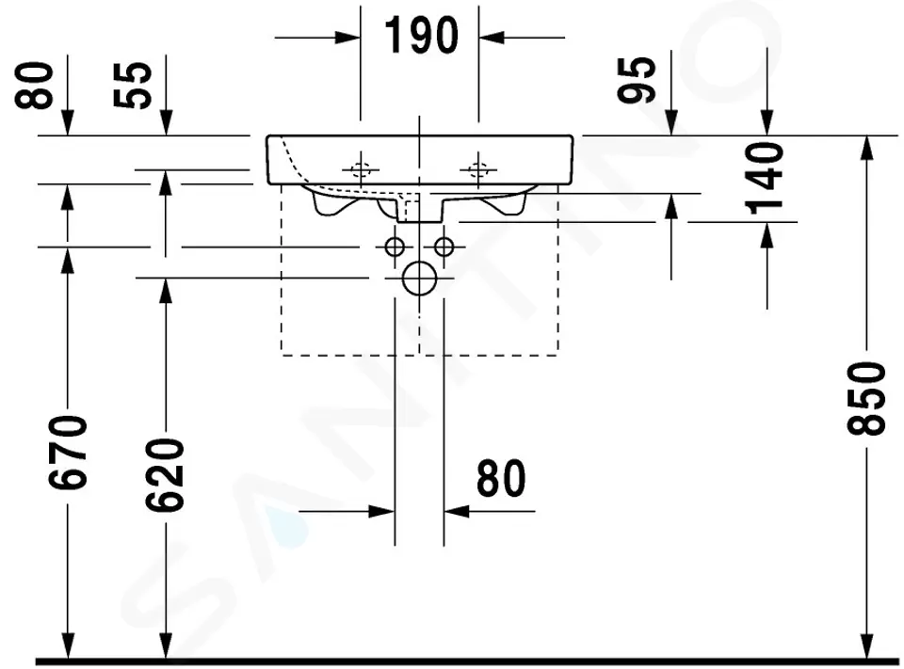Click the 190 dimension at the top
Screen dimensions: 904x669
[x=421, y=36]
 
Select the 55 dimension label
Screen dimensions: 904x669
[x=133, y=86]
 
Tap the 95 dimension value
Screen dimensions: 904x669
[x=637, y=80]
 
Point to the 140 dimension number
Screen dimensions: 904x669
[x=765, y=179]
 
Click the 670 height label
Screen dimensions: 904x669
[x=68, y=453]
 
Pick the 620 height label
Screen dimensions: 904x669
[x=165, y=475]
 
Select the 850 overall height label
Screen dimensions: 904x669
[x=866, y=398]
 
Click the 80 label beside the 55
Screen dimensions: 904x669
[x=34, y=86]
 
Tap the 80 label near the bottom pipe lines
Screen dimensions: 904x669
[x=501, y=478]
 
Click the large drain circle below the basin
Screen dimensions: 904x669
[x=420, y=279]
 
